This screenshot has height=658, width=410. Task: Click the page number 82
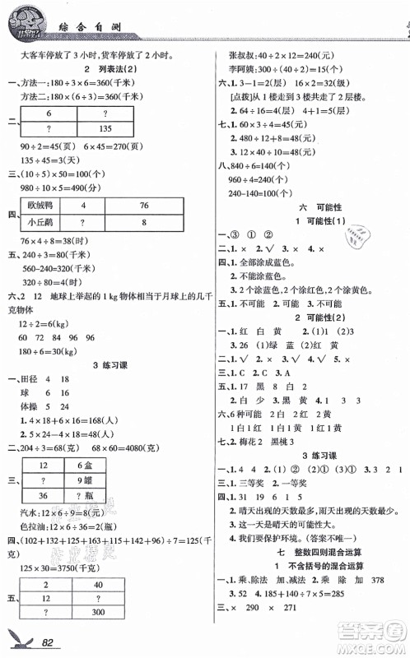coord(53,641)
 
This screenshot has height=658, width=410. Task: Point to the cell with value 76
coord(144,205)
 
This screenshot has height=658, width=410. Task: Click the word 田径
coord(34,379)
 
